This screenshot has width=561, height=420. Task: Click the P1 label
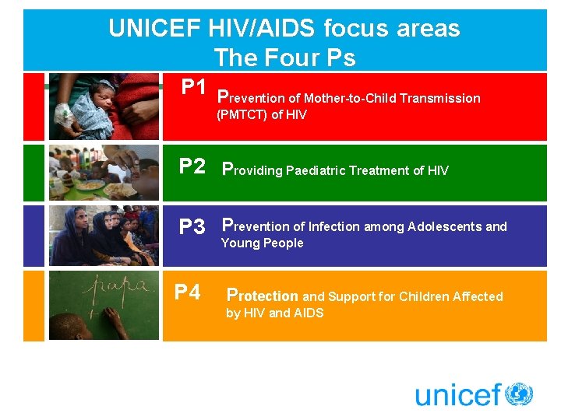click(194, 86)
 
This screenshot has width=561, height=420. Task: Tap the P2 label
click(192, 166)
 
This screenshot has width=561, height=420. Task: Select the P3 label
click(192, 227)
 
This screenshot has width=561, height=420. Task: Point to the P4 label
click(188, 292)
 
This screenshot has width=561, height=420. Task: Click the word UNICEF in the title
click(155, 29)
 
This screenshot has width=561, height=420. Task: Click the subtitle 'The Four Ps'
click(284, 58)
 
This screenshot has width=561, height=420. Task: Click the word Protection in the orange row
click(263, 296)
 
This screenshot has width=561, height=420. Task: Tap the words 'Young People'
click(263, 243)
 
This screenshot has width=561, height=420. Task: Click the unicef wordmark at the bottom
click(457, 395)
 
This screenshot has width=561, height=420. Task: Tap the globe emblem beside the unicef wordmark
click(518, 394)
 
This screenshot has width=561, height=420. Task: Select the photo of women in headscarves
click(104, 236)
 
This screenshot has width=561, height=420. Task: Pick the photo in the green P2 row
click(104, 173)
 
